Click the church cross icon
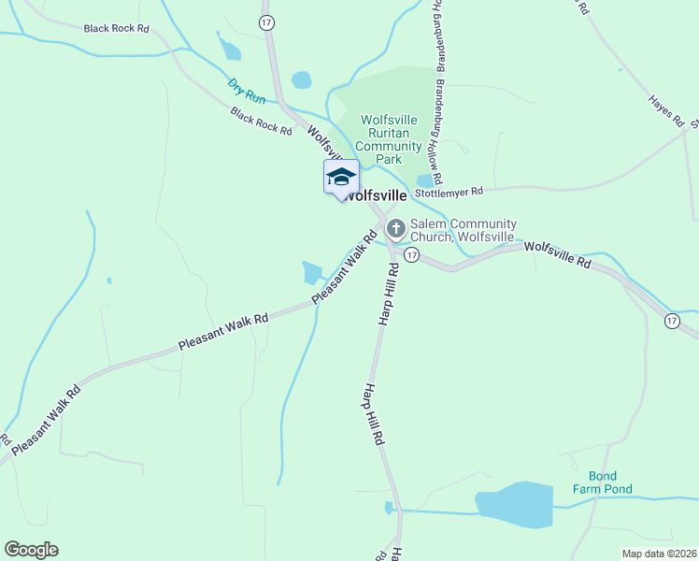pos(395,227)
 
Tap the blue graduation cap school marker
pos(341,176)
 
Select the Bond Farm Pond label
pos(604,482)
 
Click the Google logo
pos(31,550)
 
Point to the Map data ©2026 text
pos(659,554)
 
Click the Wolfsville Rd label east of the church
pos(558,255)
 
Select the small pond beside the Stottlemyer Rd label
pos(426,180)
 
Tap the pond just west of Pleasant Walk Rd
pos(310,272)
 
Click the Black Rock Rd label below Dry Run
pos(262,122)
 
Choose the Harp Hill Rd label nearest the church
pos(389,294)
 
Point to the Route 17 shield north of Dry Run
pos(267,22)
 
